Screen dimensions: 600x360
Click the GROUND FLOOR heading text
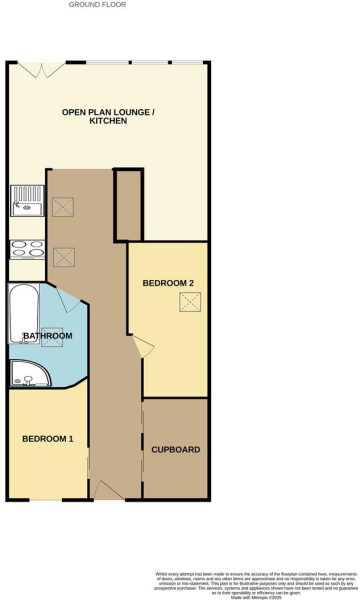pos(97,5)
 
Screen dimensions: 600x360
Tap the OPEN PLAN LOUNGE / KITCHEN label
pos(108,115)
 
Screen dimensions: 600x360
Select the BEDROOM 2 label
pos(168,283)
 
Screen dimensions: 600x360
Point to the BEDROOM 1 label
pos(48,439)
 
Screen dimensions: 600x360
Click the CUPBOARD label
pos(175,450)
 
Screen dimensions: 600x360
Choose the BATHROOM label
pos(47,336)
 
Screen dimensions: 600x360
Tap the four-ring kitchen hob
pos(27,249)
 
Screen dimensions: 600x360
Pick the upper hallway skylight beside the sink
pos(62,207)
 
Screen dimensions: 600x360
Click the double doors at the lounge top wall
pos(41,69)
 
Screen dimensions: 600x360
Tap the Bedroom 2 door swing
pos(143,347)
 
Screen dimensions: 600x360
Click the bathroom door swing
pos(68,297)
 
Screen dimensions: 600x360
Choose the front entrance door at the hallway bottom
pos(107,490)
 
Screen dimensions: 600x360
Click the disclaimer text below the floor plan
pos(255,582)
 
